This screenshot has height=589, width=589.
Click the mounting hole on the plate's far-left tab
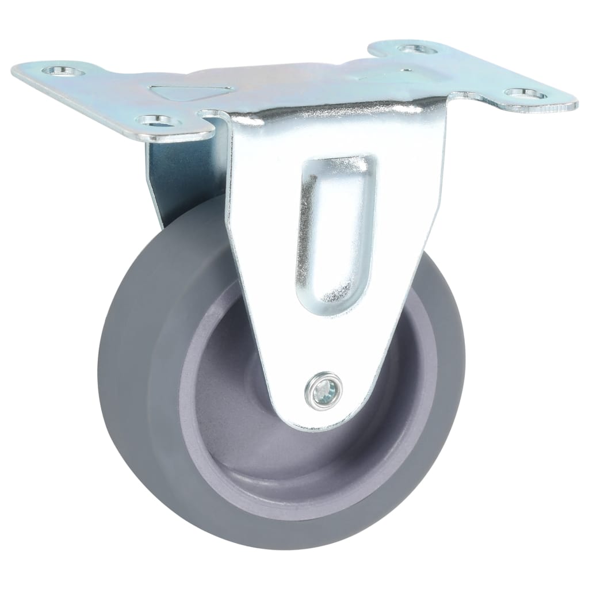pyautogui.click(x=60, y=71)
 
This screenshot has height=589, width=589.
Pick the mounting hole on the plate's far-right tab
pyautogui.click(x=525, y=93)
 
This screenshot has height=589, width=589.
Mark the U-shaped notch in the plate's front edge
pyautogui.click(x=216, y=118)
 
